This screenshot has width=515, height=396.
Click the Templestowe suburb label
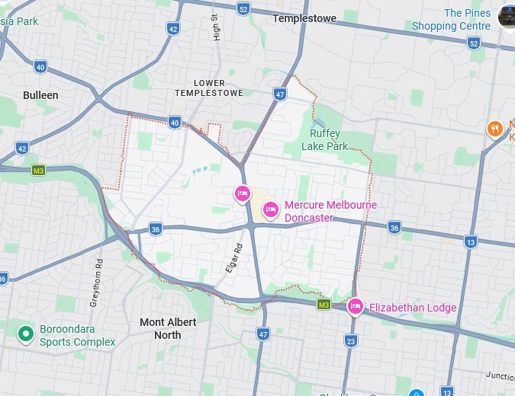304,18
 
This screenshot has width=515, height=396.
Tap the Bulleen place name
40,95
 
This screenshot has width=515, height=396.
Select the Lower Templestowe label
209,88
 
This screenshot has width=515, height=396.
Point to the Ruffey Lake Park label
324,139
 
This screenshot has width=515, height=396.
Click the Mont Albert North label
168,328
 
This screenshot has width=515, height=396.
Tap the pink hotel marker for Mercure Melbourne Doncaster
270,209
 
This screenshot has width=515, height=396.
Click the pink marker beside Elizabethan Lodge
355,306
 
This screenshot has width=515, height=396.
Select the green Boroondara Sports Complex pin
26,333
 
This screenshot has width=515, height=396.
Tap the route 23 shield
351,340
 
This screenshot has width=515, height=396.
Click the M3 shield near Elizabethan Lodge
323,305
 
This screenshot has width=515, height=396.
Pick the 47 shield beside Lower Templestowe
280,94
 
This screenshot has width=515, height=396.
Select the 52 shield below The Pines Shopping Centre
474,43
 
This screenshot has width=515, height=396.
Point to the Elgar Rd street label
233,258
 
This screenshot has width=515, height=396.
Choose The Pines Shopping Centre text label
452,19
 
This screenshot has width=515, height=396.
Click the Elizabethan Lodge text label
413,308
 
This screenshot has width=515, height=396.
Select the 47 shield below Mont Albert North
263,334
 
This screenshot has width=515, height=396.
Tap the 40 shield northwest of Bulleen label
40,67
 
